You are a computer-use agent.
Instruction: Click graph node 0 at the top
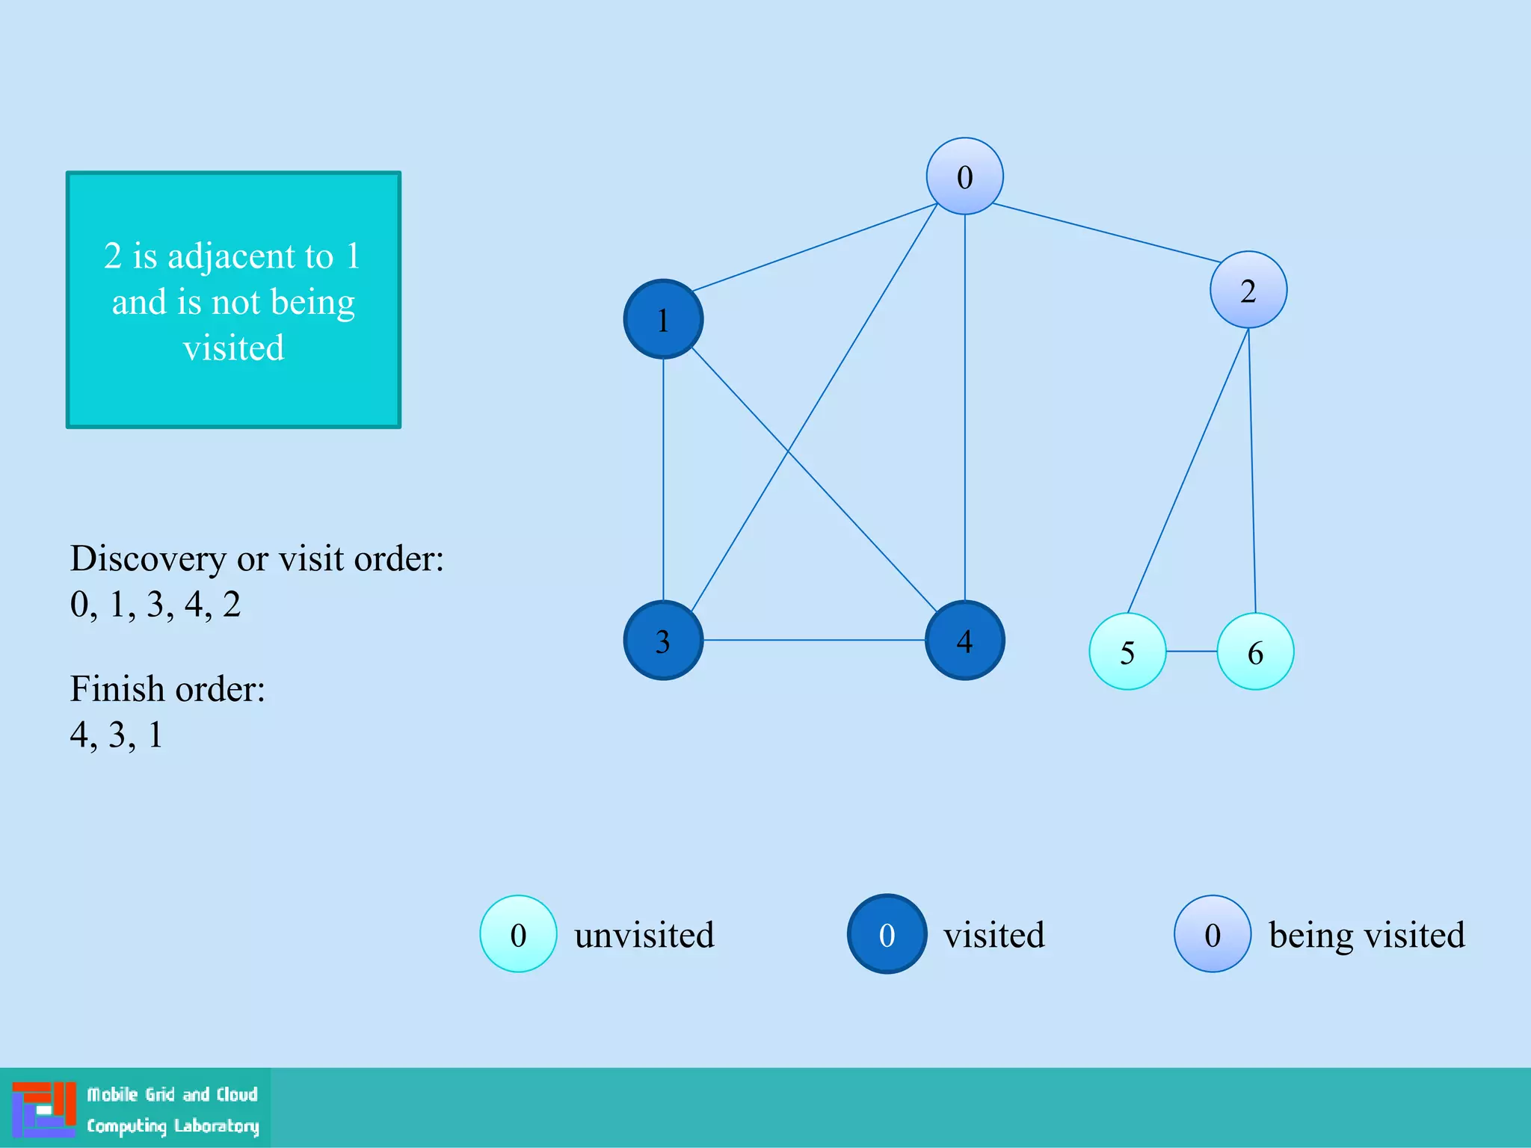pos(964,176)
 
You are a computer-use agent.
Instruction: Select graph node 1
pos(663,319)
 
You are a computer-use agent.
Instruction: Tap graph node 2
pos(1248,290)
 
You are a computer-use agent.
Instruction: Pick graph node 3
pos(663,641)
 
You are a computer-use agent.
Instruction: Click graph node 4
pos(964,641)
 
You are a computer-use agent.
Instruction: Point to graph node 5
pos(1127,652)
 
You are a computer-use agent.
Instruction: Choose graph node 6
pos(1255,652)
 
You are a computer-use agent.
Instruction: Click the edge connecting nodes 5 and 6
pos(1192,652)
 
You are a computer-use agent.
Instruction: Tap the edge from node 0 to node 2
pos(1106,232)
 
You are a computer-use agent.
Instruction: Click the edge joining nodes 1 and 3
pos(663,478)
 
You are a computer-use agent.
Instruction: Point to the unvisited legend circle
pos(518,934)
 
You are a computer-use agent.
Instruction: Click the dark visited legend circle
pos(887,934)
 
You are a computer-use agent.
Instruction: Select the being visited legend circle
pos(1212,934)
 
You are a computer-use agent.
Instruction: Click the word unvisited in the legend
pos(644,935)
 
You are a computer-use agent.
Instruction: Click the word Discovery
pos(148,558)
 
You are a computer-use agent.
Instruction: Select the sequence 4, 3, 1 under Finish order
pos(116,735)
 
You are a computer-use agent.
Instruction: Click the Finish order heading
pos(167,688)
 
